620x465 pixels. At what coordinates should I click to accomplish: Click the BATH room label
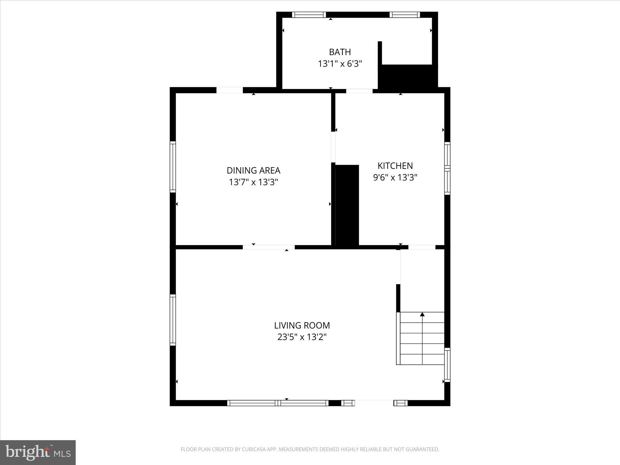[340, 52]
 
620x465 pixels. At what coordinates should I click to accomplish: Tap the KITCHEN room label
[395, 166]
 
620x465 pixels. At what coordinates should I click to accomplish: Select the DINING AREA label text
[253, 171]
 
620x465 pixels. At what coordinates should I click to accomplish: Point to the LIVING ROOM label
[302, 325]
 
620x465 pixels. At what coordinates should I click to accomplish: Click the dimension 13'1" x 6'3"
[340, 64]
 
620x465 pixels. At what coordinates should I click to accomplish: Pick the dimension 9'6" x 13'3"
[395, 177]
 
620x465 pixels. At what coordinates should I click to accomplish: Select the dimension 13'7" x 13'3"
[253, 182]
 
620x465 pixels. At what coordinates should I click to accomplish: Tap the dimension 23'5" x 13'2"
[302, 337]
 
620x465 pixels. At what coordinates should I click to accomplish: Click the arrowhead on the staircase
[422, 315]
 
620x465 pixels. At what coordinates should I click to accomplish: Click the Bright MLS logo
[38, 452]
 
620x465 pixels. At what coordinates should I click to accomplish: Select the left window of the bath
[309, 15]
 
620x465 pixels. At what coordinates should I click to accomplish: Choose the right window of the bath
[404, 15]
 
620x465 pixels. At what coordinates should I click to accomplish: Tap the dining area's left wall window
[173, 167]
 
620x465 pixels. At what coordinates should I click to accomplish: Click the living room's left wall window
[173, 320]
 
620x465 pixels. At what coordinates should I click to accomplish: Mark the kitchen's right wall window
[447, 168]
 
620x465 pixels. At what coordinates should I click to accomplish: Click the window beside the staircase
[447, 365]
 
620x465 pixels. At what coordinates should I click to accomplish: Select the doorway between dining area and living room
[269, 247]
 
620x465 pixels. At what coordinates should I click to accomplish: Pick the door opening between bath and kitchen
[359, 91]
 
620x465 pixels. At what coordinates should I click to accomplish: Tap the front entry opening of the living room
[374, 403]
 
